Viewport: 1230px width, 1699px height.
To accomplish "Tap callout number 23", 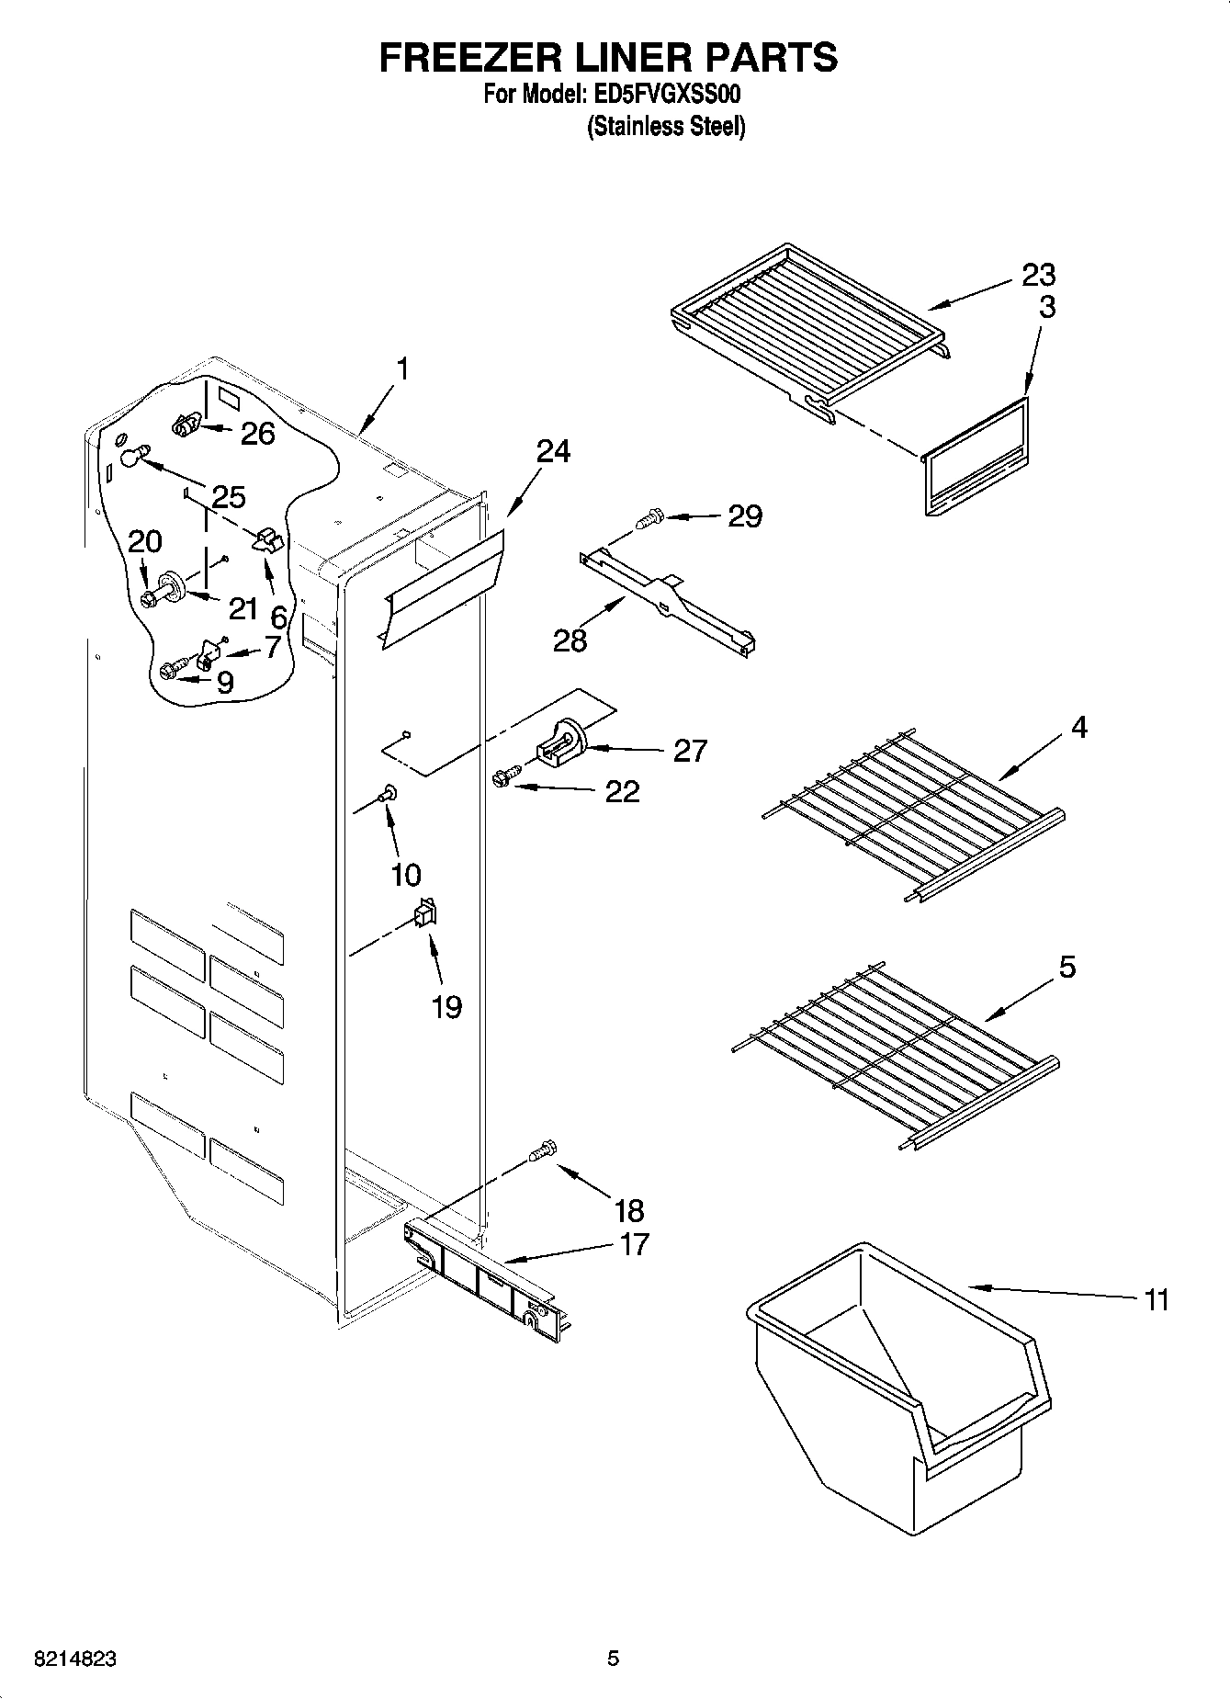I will click(1037, 274).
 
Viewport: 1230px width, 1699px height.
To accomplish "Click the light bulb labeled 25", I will click(132, 453).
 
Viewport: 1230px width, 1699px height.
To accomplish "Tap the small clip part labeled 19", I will click(425, 912).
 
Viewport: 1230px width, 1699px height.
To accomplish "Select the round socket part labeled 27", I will click(562, 742).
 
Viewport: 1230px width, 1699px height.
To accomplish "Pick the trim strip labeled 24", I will click(443, 589).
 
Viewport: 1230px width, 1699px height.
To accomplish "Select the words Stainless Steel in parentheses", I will click(666, 127).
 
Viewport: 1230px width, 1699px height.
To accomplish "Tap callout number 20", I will click(144, 541).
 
